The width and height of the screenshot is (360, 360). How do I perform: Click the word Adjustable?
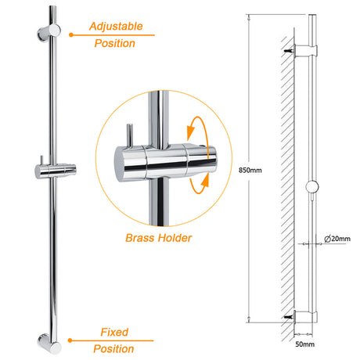(116, 27)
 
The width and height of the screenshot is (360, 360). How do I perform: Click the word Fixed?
(114, 332)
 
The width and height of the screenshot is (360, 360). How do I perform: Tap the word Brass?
(140, 238)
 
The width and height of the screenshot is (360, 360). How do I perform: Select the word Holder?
(175, 238)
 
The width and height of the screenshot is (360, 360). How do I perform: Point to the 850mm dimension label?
(250, 171)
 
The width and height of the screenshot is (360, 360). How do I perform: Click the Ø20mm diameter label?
(337, 239)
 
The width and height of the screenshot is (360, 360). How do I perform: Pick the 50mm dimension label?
(304, 344)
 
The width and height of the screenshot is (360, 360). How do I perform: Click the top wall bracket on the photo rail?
(49, 32)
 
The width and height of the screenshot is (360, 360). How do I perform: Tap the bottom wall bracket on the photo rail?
(49, 344)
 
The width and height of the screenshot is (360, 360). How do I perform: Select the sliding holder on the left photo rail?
(56, 171)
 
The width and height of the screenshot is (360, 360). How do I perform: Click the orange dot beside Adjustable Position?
(71, 34)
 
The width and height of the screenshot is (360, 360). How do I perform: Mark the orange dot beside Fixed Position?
(70, 340)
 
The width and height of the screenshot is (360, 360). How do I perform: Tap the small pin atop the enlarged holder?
(130, 135)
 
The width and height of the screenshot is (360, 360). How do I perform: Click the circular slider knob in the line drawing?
(312, 187)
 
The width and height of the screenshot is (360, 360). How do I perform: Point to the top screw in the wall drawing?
(289, 51)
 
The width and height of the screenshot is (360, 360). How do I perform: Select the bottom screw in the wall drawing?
(289, 317)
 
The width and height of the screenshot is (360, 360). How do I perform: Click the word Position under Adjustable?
(115, 43)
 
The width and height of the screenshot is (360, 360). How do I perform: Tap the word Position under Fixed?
(113, 349)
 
